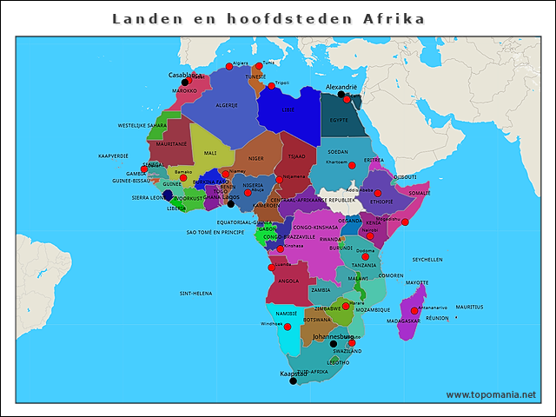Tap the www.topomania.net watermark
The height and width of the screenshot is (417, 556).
491,394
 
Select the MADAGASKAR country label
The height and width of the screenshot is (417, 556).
404,321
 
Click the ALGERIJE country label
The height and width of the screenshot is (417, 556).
227,105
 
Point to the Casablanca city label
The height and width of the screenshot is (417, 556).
187,76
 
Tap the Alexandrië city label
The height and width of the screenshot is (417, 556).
341,88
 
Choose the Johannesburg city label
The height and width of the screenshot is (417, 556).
334,335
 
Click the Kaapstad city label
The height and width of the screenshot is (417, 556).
294,374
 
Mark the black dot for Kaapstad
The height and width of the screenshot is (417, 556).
293,381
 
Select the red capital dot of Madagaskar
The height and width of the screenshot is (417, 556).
414,311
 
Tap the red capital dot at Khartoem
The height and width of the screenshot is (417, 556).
352,165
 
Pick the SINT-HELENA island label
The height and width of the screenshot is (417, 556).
195,294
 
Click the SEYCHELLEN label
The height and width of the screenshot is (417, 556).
427,260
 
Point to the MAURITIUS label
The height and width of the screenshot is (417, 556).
469,307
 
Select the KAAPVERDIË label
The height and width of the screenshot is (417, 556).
113,156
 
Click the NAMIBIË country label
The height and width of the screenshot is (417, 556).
287,313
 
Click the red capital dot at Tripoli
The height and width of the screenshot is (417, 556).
271,85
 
